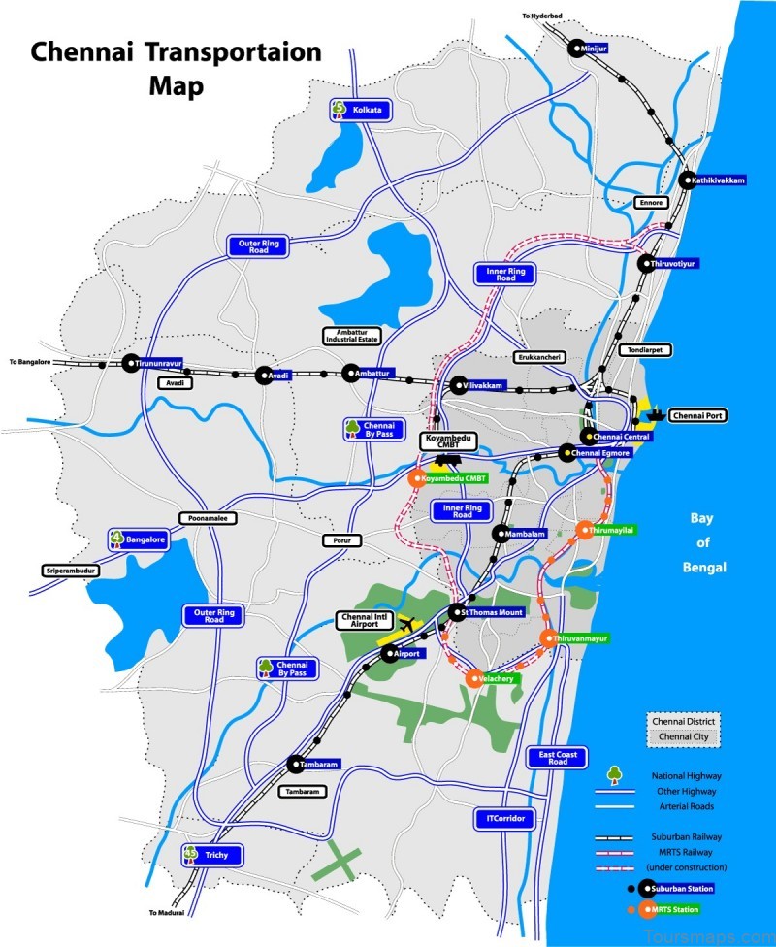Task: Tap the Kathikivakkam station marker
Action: [x=687, y=180]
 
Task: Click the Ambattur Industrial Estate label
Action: [x=351, y=336]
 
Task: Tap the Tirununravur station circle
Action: [x=131, y=363]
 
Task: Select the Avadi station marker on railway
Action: [x=263, y=375]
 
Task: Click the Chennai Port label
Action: [x=698, y=415]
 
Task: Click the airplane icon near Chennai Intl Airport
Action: [x=405, y=624]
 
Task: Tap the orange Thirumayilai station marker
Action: [x=585, y=530]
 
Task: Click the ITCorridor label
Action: [x=505, y=819]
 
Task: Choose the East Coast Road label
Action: [x=558, y=757]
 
